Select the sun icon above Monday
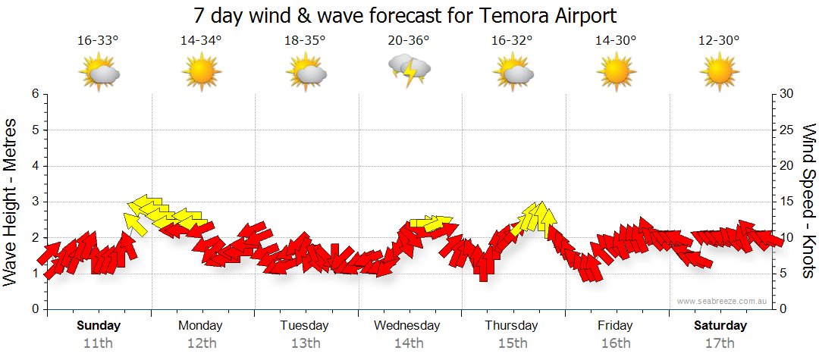[x=201, y=73]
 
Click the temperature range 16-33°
[x=98, y=41]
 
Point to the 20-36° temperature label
[x=409, y=41]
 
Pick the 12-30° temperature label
[x=719, y=41]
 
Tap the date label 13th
[x=305, y=343]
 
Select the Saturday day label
[x=720, y=326]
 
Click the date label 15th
[x=512, y=343]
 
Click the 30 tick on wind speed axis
[x=786, y=94]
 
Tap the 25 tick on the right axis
[x=786, y=130]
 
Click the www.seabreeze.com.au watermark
[x=723, y=302]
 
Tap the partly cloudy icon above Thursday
[x=513, y=73]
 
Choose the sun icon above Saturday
[x=719, y=73]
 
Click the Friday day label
[x=615, y=326]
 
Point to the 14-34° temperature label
[x=202, y=41]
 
